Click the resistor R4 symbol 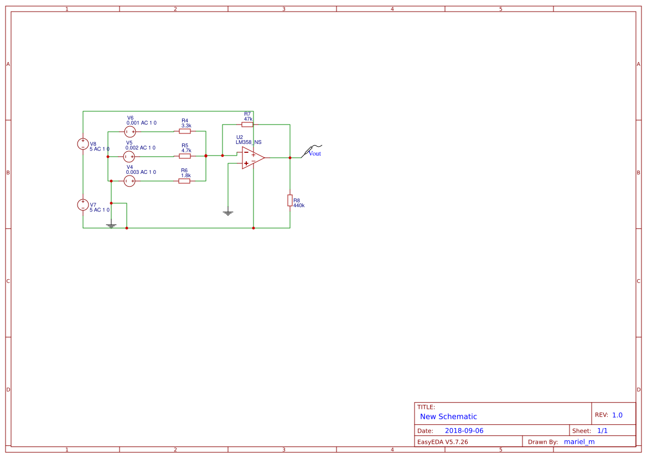tap(185, 131)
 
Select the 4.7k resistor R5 tap(185, 156)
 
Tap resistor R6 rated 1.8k tap(184, 181)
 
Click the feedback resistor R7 tap(247, 125)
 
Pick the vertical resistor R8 tap(289, 200)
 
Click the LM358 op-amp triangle tap(252, 158)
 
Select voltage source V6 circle tap(130, 131)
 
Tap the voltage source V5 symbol tap(129, 156)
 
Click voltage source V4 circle tap(130, 181)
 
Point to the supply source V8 tap(83, 144)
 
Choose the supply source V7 tap(83, 205)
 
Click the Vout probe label tap(314, 153)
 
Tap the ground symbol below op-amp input tap(228, 213)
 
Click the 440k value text tap(299, 205)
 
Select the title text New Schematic tap(448, 416)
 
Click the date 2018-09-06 tap(464, 430)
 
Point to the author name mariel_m tap(579, 441)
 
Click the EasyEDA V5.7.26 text tap(442, 442)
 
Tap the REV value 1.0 tap(617, 415)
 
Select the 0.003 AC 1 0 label tap(141, 172)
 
